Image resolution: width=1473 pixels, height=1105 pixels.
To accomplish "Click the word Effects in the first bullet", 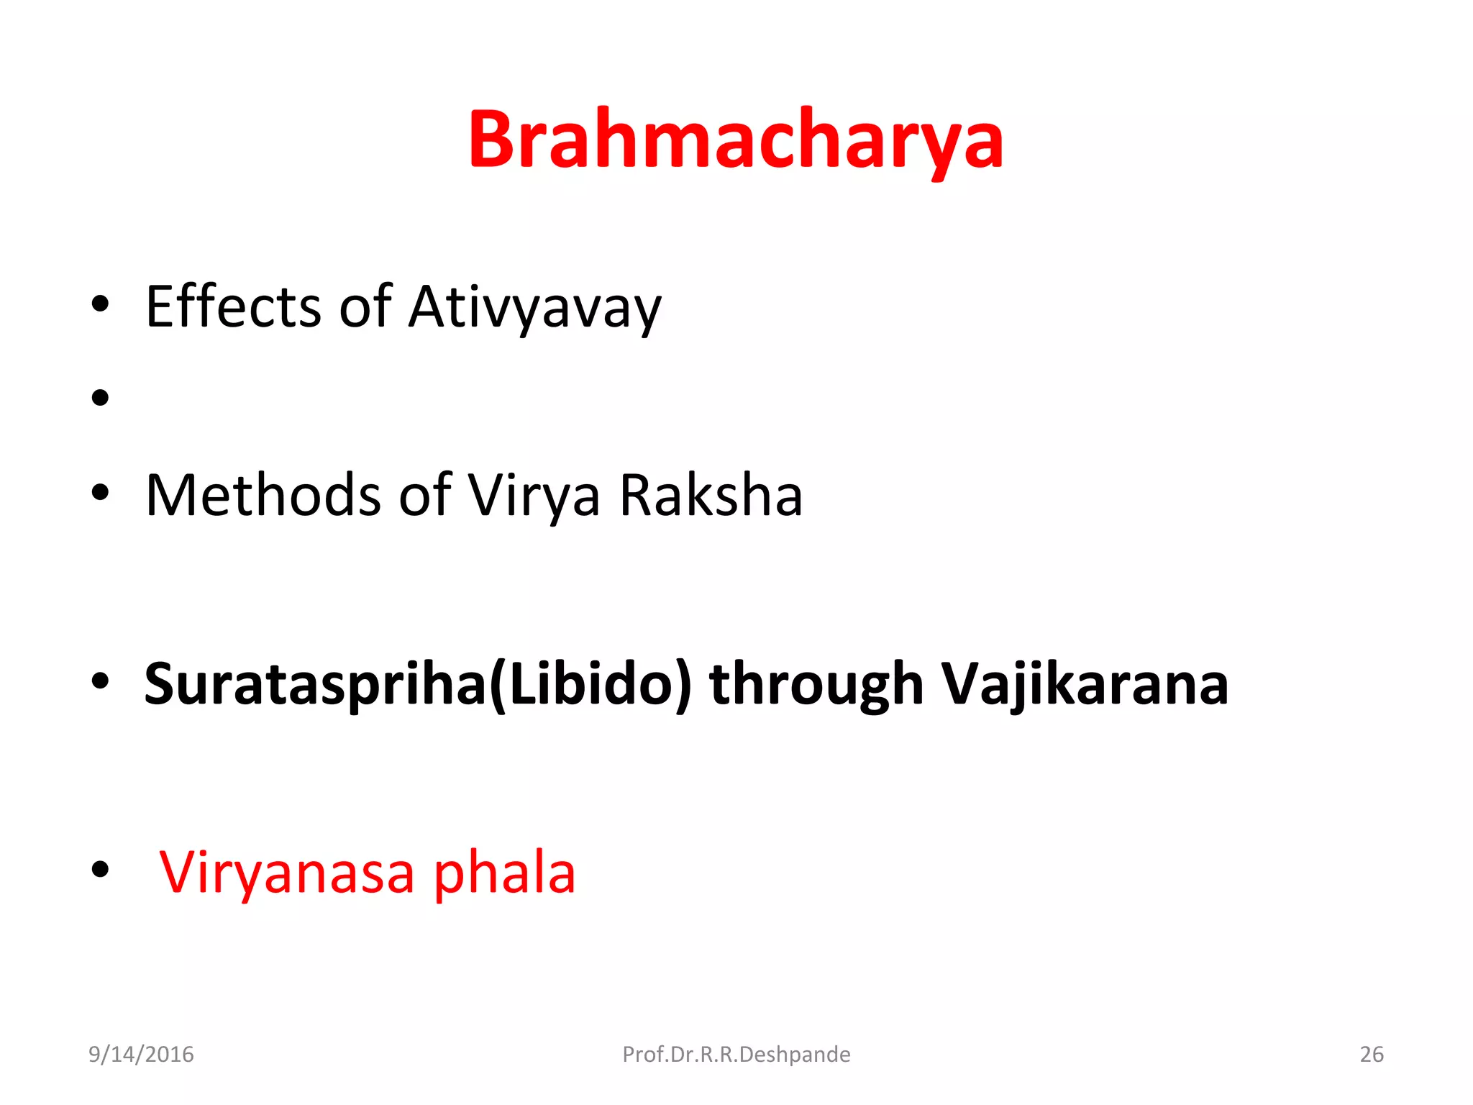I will (233, 307).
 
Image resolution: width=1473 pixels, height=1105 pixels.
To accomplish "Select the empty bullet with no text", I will (101, 398).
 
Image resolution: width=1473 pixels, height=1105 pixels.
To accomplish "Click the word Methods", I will (263, 496).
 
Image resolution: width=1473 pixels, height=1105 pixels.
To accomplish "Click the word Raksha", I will (711, 496).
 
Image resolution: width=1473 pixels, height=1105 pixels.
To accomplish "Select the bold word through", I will (816, 686).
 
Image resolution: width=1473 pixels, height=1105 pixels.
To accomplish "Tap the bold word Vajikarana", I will (1085, 686).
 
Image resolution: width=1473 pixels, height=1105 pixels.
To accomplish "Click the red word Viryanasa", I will (287, 873).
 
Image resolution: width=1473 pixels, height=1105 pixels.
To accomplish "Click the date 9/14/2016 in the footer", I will (141, 1054).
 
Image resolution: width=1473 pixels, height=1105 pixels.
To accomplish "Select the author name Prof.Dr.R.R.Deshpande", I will (736, 1054).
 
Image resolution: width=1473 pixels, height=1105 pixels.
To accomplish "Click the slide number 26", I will (1371, 1054).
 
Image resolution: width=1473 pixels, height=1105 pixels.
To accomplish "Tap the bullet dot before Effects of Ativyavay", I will (101, 304).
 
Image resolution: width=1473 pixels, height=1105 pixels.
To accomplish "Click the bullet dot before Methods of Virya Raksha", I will (101, 493).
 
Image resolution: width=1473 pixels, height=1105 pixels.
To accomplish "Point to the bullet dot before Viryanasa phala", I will (101, 870).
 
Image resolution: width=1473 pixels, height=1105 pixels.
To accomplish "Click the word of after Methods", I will (424, 496).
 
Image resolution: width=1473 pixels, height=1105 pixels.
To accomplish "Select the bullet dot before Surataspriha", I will (101, 681).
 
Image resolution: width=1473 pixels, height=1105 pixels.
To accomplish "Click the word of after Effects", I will (365, 307).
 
